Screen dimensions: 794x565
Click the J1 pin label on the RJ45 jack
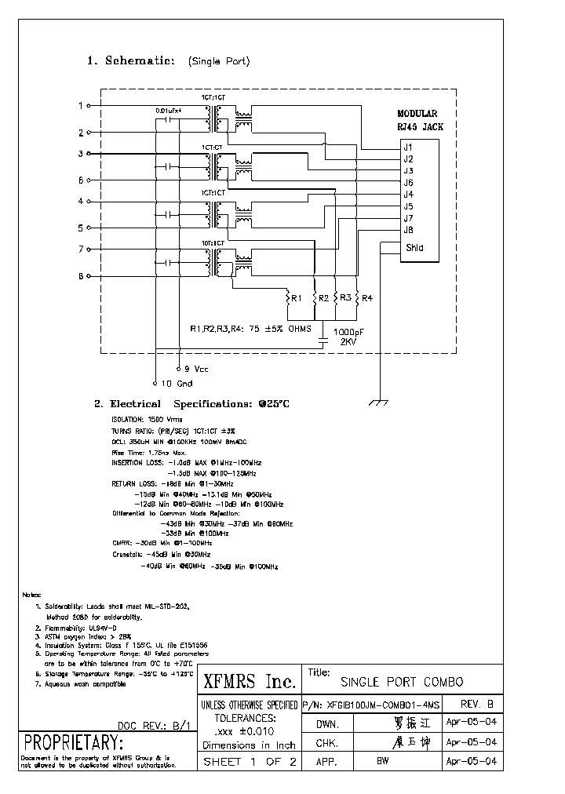[408, 147]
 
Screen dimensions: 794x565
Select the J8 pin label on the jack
[408, 230]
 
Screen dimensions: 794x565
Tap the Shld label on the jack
[414, 248]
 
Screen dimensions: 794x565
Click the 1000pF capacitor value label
[348, 331]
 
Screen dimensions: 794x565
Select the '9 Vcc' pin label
[195, 368]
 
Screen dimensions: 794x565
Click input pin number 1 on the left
[80, 105]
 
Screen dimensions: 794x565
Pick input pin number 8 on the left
[80, 276]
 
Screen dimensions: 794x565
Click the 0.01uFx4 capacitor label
[169, 111]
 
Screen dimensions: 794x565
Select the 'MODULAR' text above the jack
[417, 114]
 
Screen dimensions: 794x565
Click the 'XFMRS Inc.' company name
[250, 681]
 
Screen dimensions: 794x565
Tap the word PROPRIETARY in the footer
[73, 742]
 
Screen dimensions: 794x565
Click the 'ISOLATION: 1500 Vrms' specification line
[148, 420]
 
